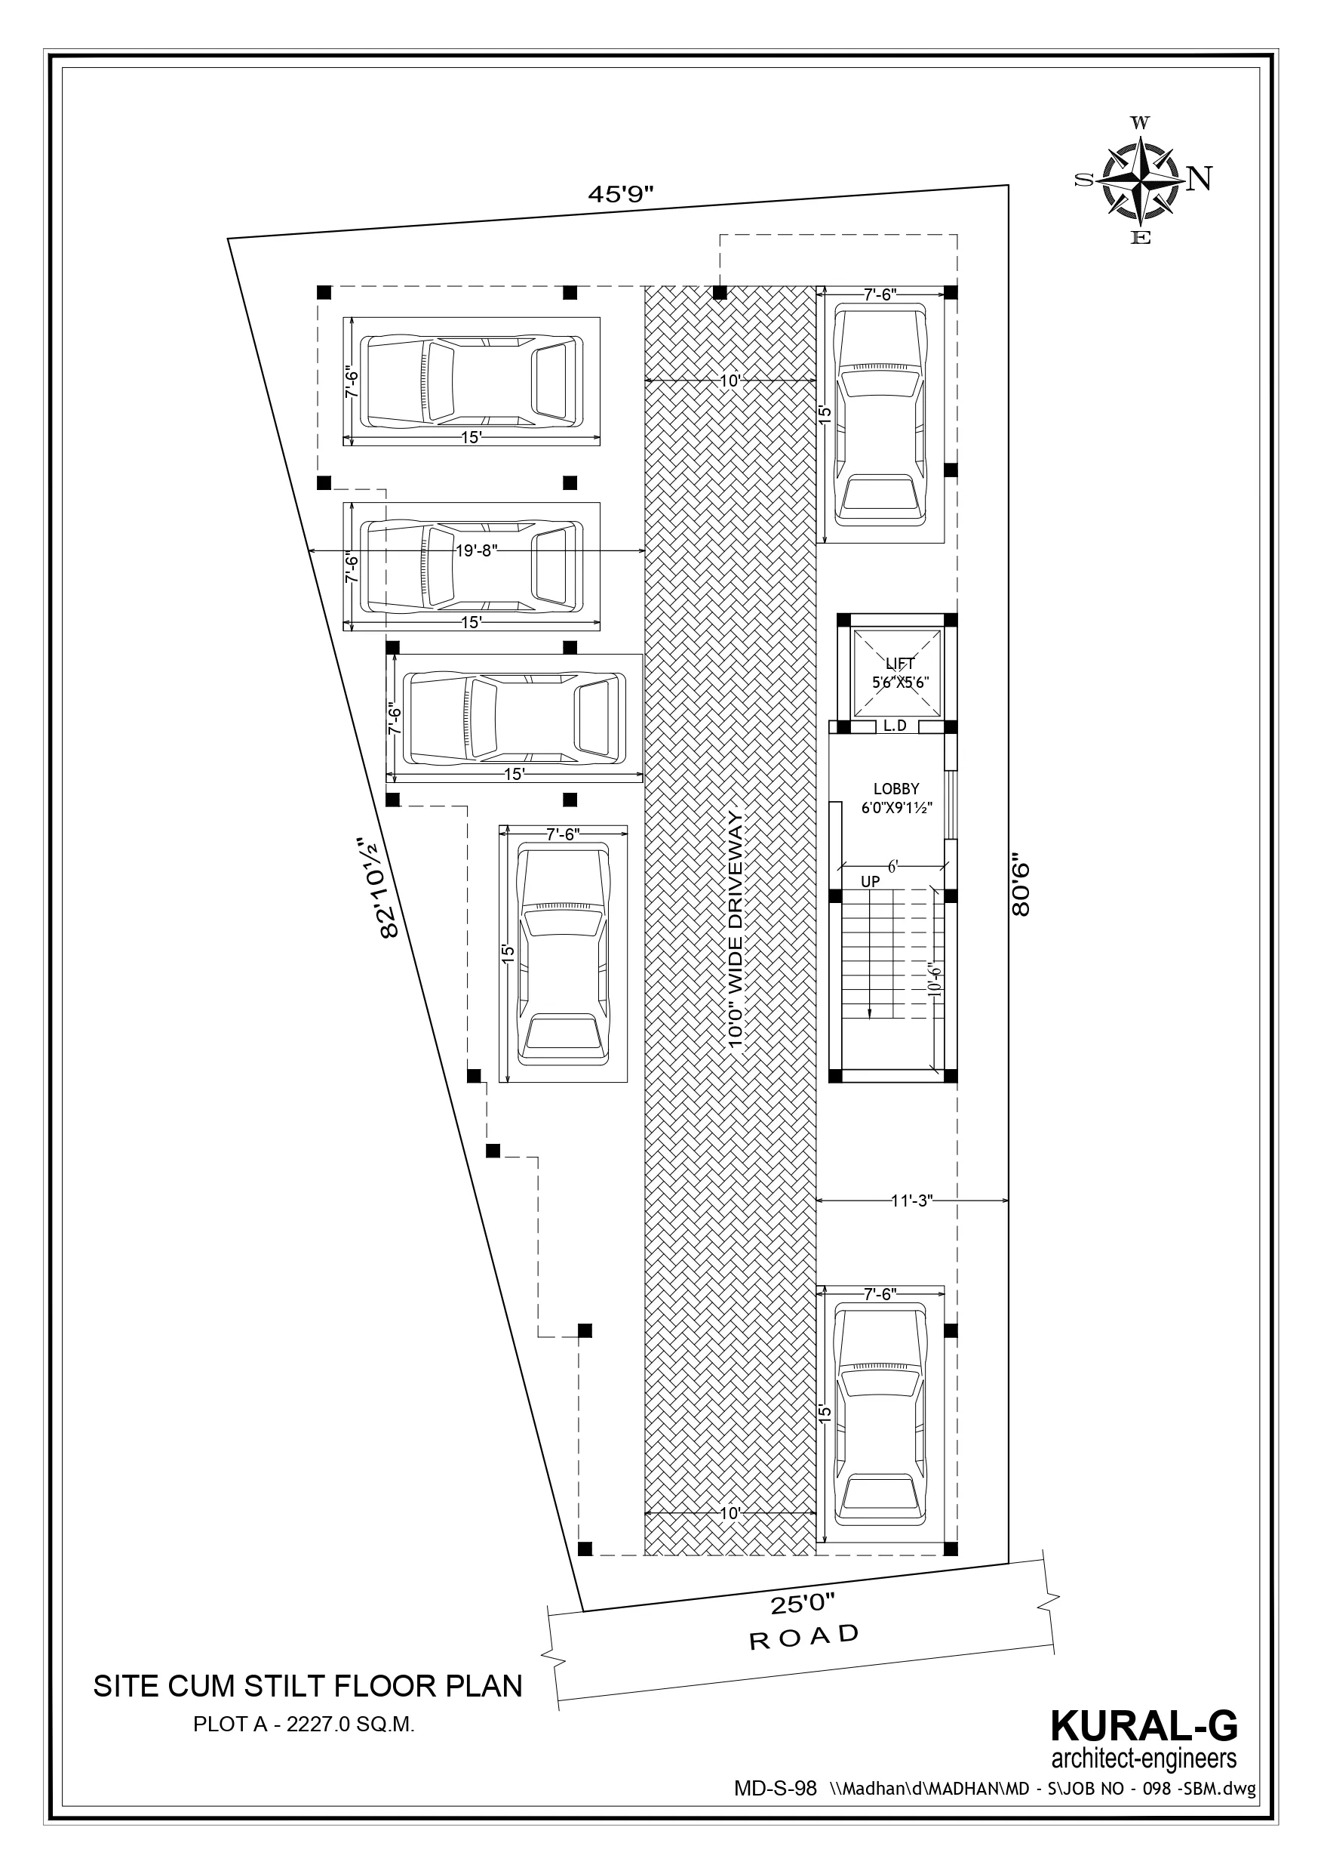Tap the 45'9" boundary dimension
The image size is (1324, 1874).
pyautogui.click(x=622, y=193)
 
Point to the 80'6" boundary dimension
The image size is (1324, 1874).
pyautogui.click(x=1021, y=885)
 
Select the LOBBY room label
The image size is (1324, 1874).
pyautogui.click(x=896, y=789)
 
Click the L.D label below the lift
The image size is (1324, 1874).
pyautogui.click(x=895, y=726)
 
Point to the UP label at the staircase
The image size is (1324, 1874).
pyautogui.click(x=871, y=883)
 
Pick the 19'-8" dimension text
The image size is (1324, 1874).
pyautogui.click(x=476, y=551)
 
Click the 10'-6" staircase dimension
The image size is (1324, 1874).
pyautogui.click(x=935, y=979)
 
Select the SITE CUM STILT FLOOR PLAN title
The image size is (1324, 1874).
pyautogui.click(x=308, y=1686)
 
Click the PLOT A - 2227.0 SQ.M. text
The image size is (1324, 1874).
pyautogui.click(x=304, y=1725)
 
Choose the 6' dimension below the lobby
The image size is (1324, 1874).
pyautogui.click(x=892, y=867)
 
